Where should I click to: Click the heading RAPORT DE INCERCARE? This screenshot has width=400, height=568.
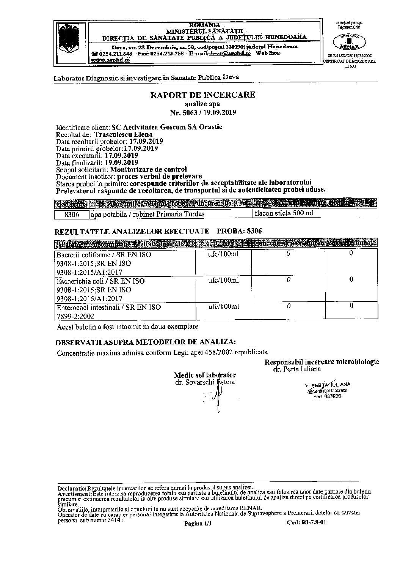[x=203, y=95]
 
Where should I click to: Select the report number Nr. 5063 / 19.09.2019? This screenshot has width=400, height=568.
[x=203, y=112]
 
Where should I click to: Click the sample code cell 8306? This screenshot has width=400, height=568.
[x=72, y=214]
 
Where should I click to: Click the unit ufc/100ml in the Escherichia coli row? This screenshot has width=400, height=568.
[x=223, y=280]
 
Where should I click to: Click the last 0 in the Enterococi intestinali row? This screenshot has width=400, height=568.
[x=351, y=306]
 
